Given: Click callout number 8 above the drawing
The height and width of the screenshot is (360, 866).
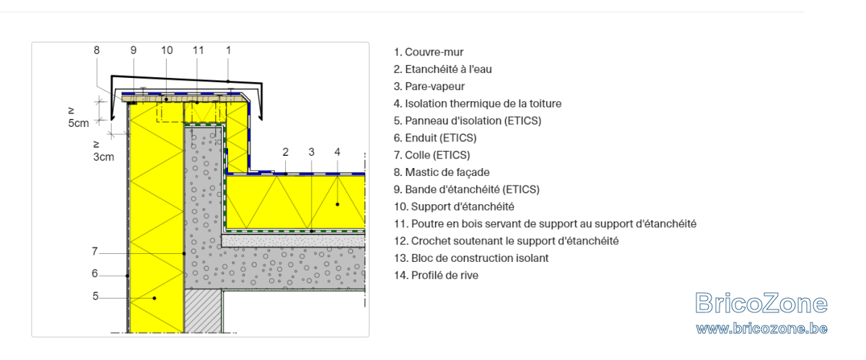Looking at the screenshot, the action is [97, 51].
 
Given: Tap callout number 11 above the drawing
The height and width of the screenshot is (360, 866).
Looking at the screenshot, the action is [198, 51].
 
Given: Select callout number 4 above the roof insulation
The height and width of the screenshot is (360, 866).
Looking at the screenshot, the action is [337, 152].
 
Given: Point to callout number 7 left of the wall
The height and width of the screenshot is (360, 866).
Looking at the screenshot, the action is [95, 251].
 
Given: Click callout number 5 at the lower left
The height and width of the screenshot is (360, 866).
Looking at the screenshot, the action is [95, 297].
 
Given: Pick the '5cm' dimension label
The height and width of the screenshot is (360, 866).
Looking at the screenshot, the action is [79, 123].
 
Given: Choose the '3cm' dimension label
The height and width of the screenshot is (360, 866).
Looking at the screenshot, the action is [104, 157].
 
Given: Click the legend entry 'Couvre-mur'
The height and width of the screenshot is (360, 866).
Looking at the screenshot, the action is [429, 52].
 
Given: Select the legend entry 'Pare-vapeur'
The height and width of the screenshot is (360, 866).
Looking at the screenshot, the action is [429, 87].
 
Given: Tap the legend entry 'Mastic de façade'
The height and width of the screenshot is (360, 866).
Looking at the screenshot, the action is [442, 172].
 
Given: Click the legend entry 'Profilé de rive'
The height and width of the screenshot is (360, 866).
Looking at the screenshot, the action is [436, 276].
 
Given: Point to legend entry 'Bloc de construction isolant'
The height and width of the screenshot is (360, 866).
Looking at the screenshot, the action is [471, 258].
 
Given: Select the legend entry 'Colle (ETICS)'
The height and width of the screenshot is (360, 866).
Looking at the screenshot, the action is [432, 155].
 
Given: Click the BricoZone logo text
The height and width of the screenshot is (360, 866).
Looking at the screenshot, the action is [761, 303].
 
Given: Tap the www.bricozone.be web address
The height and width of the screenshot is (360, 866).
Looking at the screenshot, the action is [761, 329].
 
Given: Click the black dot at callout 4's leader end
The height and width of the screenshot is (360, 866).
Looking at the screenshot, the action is [338, 204].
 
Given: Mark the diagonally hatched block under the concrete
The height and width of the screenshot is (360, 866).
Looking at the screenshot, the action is [203, 311].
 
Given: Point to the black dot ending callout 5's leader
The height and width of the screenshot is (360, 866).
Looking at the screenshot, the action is [154, 298].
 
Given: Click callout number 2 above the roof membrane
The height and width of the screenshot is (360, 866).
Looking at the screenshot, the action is [285, 152].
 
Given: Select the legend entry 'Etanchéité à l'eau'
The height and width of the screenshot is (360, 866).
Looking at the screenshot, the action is [442, 69].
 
